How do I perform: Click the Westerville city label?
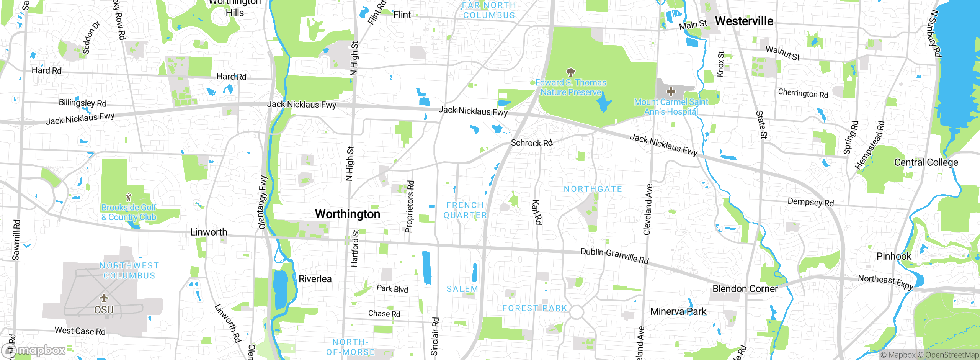744,21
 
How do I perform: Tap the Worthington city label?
347,214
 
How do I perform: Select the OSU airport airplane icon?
104,298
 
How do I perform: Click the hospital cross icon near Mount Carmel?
671,92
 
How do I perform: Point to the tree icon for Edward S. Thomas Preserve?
570,72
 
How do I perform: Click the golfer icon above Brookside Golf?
129,197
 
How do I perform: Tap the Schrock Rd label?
532,143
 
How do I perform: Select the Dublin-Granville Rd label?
614,256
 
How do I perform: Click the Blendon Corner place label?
745,289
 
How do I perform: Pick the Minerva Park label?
678,311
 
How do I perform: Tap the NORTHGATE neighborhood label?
593,189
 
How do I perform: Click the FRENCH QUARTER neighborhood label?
465,210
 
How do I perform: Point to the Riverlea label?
315,279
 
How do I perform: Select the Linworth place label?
209,232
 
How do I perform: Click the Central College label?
926,162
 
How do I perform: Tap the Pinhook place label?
893,256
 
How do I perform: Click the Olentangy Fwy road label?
263,202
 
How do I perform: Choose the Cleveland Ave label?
648,209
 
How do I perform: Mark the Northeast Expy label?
885,282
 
